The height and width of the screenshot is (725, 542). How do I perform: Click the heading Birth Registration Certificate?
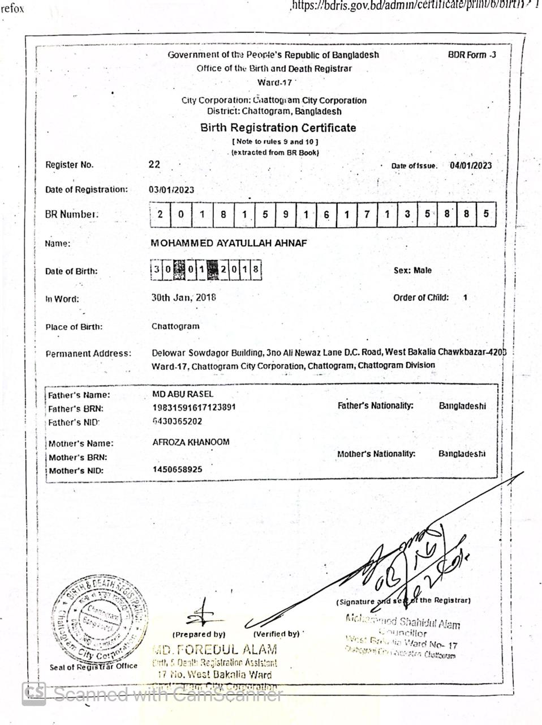(278, 128)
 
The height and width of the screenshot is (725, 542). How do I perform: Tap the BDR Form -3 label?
(472, 55)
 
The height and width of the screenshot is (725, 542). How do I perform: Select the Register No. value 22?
(154, 164)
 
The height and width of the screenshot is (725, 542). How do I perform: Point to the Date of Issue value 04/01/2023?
(471, 165)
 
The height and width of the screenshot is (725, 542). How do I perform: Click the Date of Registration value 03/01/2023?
(171, 190)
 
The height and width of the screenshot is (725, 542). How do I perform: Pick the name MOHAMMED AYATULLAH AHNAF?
(229, 243)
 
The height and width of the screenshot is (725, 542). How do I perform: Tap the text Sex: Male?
(412, 271)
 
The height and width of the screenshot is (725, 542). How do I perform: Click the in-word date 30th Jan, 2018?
(183, 297)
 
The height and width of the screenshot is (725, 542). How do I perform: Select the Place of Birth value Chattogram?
(175, 326)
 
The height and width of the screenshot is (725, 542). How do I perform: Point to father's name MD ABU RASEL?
(183, 394)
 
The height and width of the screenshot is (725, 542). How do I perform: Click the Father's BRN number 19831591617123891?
(194, 407)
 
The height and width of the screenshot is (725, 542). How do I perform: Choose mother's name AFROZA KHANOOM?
(191, 442)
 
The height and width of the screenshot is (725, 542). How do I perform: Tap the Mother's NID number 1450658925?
(177, 470)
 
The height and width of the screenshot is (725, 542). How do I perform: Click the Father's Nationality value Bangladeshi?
(462, 406)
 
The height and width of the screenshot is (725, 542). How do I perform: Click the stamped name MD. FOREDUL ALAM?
(215, 649)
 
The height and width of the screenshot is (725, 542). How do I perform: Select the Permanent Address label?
(88, 353)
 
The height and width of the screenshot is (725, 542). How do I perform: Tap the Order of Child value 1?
(465, 297)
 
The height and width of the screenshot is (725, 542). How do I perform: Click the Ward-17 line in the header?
(274, 83)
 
